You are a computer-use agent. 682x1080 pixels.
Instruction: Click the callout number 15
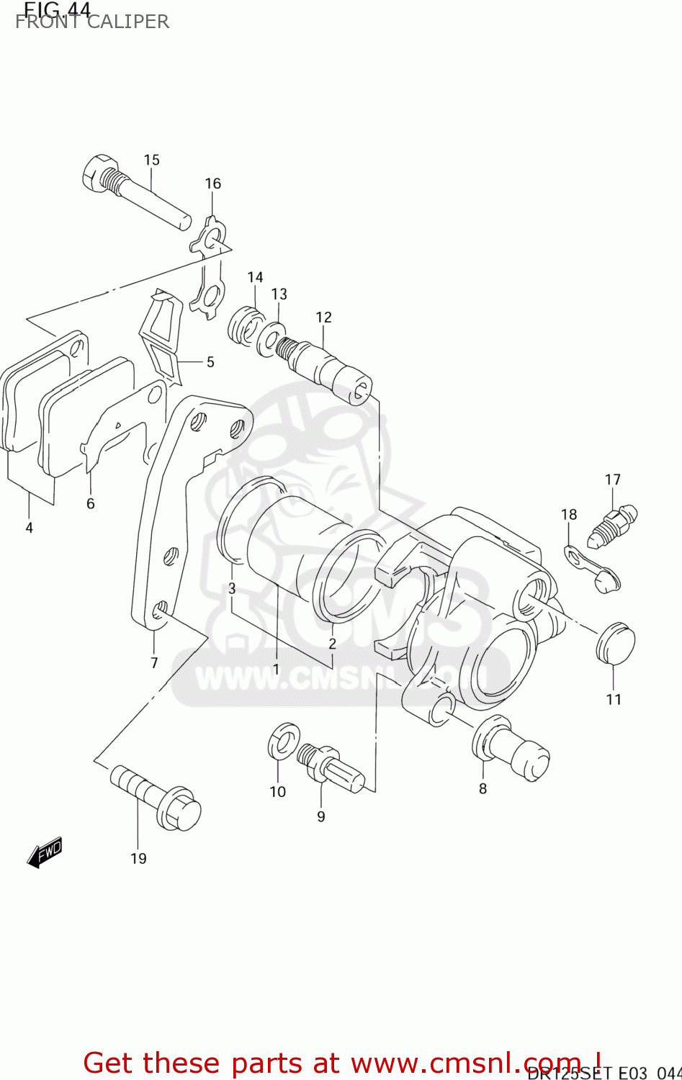tap(151, 160)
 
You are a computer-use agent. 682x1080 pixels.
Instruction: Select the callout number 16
tap(212, 184)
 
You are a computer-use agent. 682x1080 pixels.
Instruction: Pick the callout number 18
tap(569, 514)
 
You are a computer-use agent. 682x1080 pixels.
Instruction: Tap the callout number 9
tap(321, 816)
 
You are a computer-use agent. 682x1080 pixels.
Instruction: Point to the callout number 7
tap(154, 662)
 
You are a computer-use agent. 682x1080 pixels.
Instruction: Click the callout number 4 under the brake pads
tap(29, 528)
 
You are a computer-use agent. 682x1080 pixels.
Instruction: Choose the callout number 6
tap(91, 504)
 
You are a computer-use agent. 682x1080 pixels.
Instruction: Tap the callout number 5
tap(210, 361)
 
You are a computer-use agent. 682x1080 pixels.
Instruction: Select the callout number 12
tap(323, 317)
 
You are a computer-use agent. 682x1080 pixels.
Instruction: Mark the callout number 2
tap(332, 643)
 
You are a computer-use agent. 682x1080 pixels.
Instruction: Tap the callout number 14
tap(255, 277)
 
